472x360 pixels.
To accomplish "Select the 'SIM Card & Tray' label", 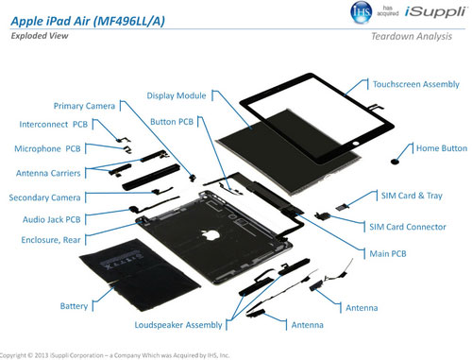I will click(413, 196).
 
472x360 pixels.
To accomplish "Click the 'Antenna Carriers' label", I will click(55, 174).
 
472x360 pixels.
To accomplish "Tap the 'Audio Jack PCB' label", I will click(51, 219).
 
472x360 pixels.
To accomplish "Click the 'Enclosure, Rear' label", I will click(51, 240).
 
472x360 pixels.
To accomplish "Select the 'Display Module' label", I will click(178, 95).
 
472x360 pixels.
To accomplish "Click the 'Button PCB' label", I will click(172, 122).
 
